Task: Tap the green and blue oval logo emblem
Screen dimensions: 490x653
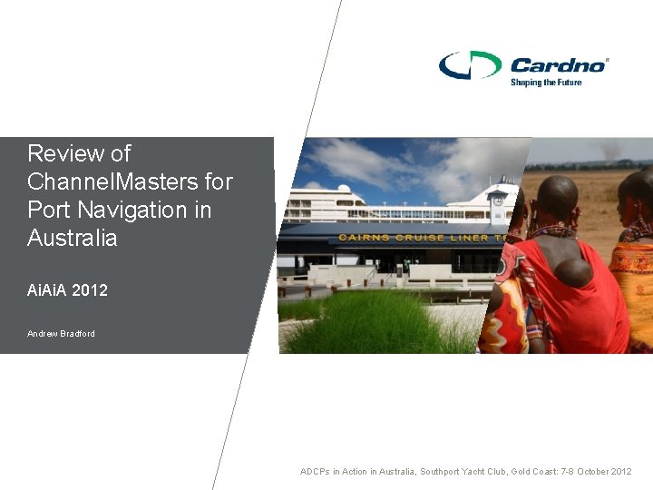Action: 470,65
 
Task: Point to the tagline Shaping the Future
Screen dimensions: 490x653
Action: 545,83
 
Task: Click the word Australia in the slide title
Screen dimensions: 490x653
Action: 73,239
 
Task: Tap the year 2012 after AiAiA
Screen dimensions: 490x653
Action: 89,290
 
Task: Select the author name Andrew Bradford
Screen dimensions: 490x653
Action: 61,334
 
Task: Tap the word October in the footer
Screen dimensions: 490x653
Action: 591,472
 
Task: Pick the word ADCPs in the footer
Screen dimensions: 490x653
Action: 316,472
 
